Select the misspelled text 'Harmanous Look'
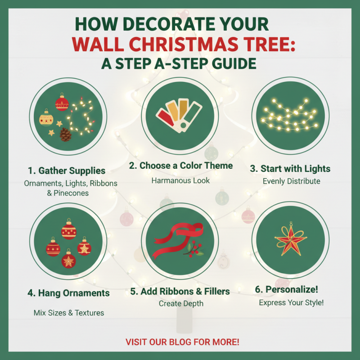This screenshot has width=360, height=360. (180, 180)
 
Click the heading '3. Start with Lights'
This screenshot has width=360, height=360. (290, 169)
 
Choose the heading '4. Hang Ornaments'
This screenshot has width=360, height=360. (68, 293)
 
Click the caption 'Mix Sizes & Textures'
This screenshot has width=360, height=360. (69, 312)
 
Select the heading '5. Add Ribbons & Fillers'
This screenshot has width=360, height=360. (180, 291)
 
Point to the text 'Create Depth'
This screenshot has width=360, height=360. (181, 304)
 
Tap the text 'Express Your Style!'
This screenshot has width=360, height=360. (291, 303)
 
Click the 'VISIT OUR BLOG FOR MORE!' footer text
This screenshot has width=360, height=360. (182, 342)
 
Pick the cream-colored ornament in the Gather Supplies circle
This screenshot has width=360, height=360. (46, 119)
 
